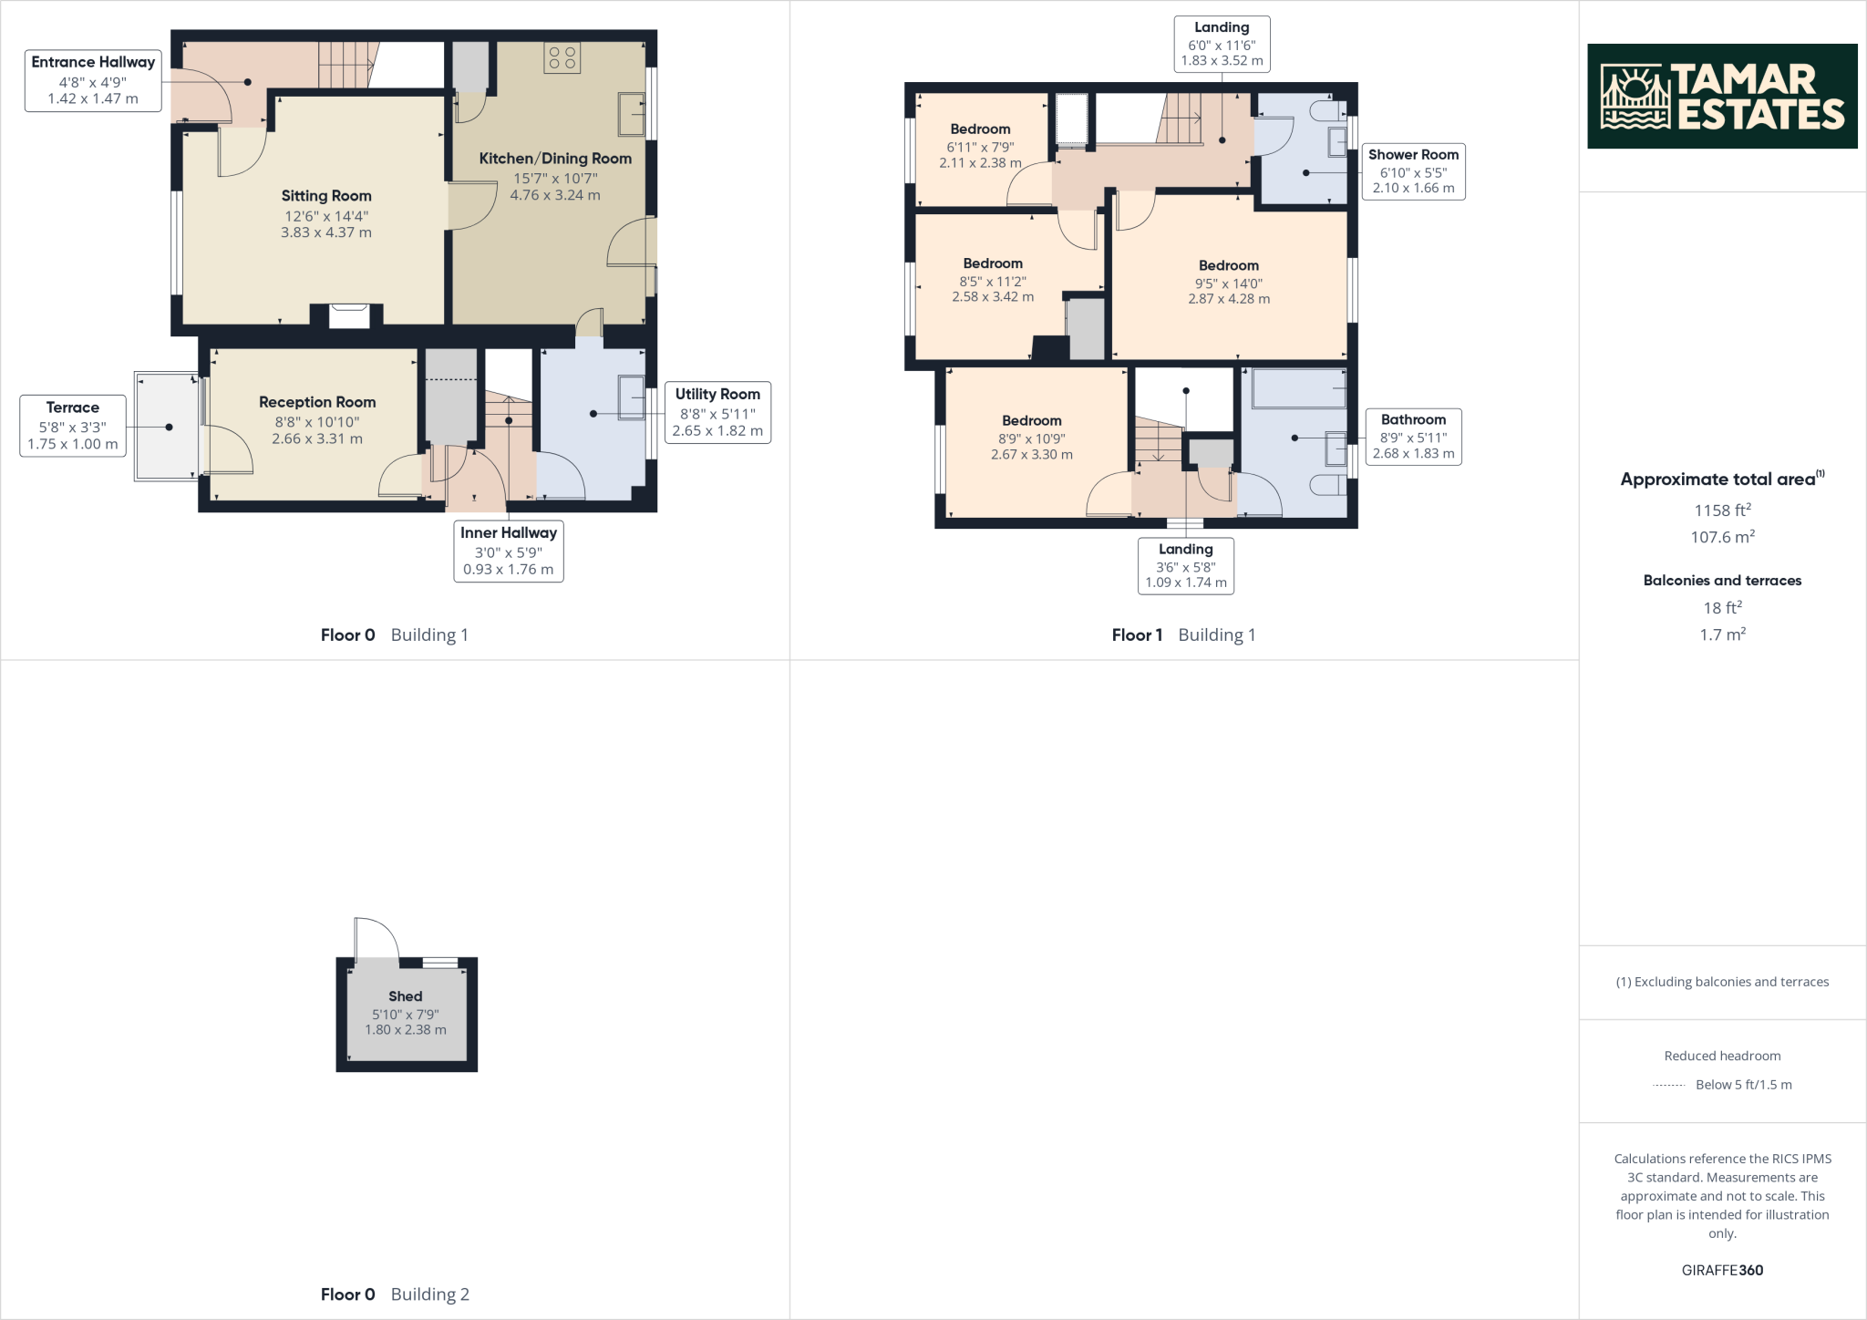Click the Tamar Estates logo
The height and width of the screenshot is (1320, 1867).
click(1721, 96)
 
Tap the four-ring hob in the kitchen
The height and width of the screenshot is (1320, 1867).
click(561, 58)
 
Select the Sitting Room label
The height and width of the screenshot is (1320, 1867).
click(326, 196)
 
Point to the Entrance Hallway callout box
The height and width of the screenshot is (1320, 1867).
click(93, 80)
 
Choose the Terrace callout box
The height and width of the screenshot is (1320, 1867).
click(73, 426)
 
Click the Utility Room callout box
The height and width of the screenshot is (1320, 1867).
click(717, 412)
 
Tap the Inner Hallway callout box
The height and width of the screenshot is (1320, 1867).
click(508, 551)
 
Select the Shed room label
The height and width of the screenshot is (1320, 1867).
click(406, 996)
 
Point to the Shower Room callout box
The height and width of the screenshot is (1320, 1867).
click(1413, 171)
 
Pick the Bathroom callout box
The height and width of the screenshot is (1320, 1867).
click(1413, 437)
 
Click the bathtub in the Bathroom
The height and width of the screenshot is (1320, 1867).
click(1298, 388)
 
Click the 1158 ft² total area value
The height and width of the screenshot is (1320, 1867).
click(1722, 510)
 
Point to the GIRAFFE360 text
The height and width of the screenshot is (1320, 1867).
click(1722, 1270)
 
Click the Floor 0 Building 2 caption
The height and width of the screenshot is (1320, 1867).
click(395, 1294)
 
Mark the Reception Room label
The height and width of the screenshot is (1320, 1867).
click(317, 402)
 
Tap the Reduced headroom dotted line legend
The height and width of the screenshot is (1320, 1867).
click(1668, 1085)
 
